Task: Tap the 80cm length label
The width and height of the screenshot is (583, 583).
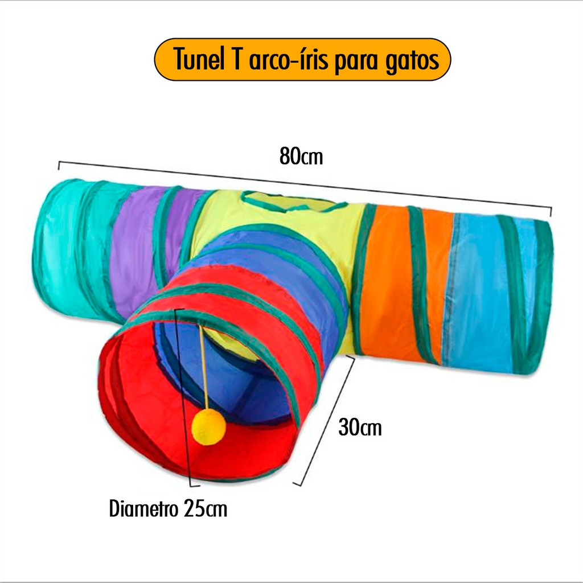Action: point(301,157)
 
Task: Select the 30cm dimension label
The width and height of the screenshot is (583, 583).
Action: point(360,427)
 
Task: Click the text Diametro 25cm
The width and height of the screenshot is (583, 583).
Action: point(168,508)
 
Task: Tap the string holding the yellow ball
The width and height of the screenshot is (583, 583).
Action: point(203,370)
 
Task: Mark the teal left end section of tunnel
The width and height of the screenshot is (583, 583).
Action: point(63,245)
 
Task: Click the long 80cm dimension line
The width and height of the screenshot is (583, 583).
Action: point(171,174)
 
